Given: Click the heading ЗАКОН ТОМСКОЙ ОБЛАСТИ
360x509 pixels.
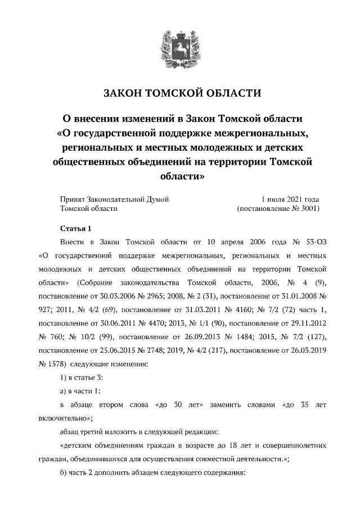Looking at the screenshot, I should [180, 93].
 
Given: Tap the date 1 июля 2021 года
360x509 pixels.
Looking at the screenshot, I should [290, 199].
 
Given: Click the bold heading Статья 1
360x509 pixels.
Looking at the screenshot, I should [75, 228].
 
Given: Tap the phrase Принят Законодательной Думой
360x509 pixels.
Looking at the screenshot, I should [114, 199].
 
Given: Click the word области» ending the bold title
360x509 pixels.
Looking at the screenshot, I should [180, 176].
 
